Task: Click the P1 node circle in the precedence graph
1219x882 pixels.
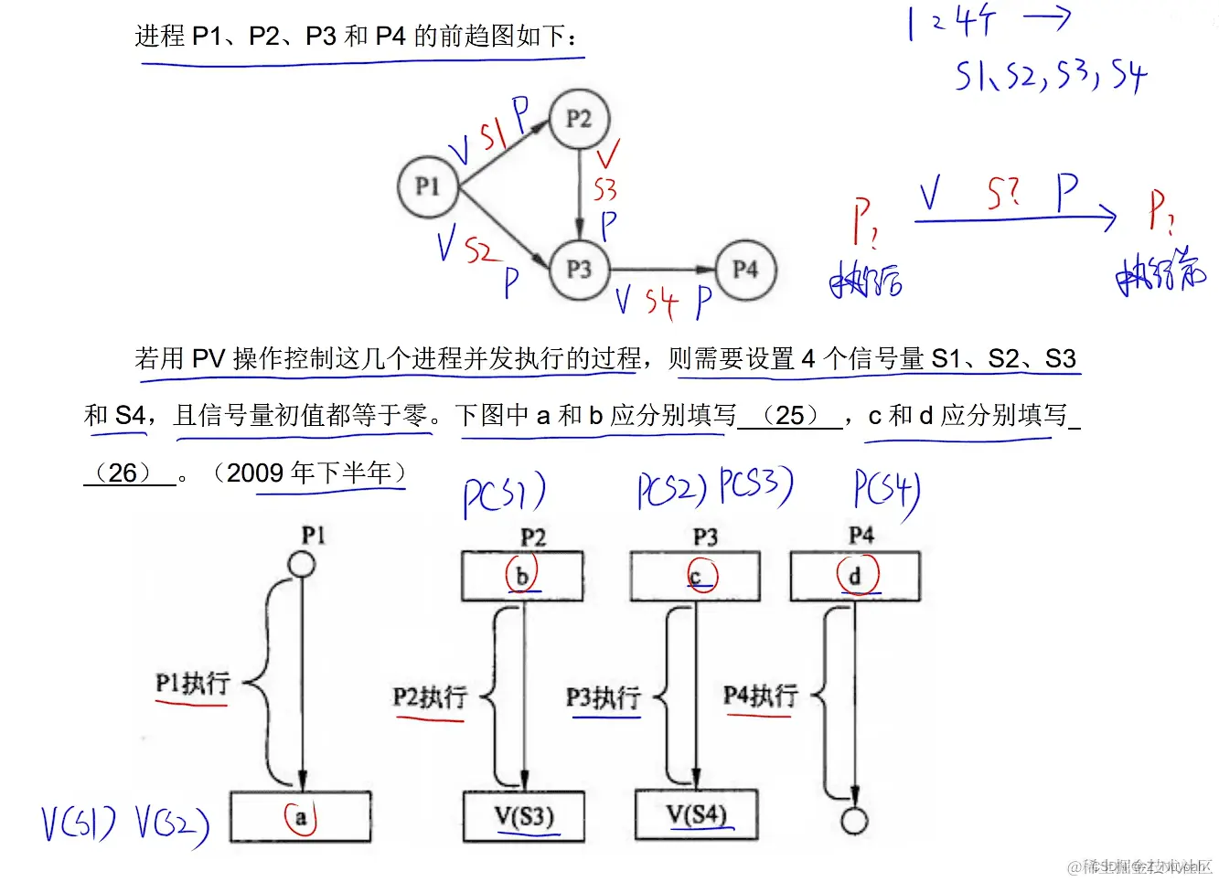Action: click(x=428, y=186)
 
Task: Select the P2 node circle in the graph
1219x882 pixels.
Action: click(x=579, y=119)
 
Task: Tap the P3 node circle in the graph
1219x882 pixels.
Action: click(x=579, y=269)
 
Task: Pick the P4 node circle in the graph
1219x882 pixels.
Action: click(x=745, y=269)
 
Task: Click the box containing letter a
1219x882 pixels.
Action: click(x=300, y=816)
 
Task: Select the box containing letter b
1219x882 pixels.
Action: click(x=522, y=576)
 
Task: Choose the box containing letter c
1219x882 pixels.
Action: click(x=695, y=576)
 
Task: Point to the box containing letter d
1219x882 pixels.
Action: click(x=855, y=576)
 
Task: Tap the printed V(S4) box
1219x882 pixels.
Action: click(x=696, y=814)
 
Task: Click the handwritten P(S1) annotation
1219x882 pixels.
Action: click(x=504, y=495)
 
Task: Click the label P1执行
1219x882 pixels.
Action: click(x=192, y=684)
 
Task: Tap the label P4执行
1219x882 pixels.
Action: click(x=760, y=696)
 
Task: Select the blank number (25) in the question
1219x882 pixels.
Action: click(x=789, y=415)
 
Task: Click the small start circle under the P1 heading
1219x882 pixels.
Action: click(x=302, y=564)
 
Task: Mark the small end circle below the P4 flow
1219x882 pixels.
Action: click(x=854, y=821)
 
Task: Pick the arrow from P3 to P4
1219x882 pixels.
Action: click(x=662, y=269)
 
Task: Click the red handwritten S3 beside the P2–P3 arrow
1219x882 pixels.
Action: click(x=604, y=190)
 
